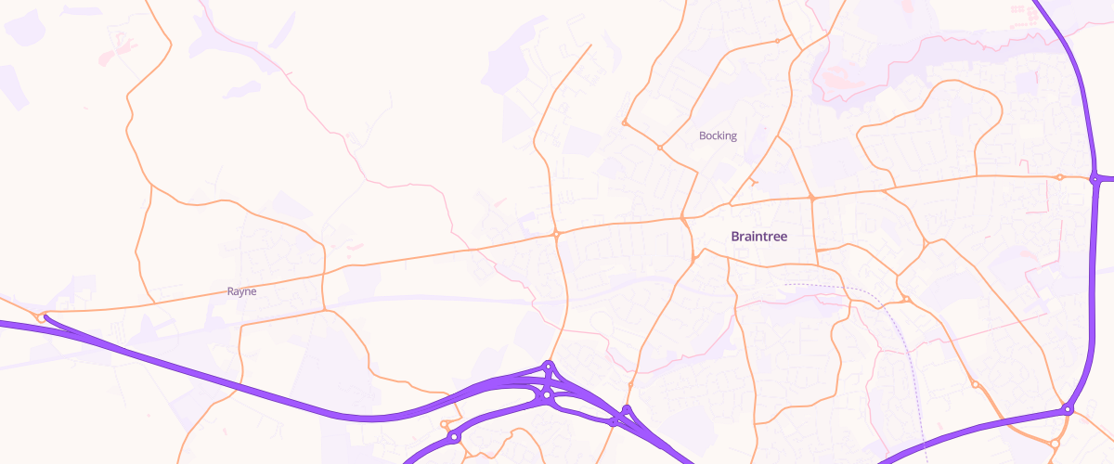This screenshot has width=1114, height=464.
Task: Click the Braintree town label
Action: coord(758,237)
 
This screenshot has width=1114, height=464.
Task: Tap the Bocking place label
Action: coord(718,135)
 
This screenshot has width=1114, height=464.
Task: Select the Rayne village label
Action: coord(241,290)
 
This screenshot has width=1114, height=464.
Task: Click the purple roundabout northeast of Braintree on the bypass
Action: coord(1095,178)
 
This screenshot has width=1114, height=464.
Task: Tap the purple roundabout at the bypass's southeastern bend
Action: coord(1068,409)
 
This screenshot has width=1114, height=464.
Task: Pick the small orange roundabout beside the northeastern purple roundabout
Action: coord(1059,176)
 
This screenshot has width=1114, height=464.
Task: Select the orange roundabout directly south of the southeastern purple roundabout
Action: coord(1055,443)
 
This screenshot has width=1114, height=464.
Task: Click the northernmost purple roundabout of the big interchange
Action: coord(549,367)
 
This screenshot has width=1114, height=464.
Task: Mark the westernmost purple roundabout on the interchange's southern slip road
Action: coord(453,436)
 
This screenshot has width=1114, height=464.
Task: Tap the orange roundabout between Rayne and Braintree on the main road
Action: coord(556,234)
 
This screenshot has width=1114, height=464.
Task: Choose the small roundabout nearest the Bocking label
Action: coord(660,148)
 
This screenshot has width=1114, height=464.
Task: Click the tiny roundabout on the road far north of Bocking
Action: coord(777,41)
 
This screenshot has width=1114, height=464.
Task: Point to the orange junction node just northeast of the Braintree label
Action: coord(811,198)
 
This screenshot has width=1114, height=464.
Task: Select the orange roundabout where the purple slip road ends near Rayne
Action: coord(42,317)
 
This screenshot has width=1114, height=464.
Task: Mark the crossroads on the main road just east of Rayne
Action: coord(323,274)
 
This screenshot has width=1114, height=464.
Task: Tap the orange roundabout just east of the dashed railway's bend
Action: coord(906,299)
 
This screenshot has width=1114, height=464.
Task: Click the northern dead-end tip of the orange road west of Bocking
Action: coord(591,44)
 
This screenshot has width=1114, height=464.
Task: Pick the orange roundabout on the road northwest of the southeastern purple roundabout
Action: coord(975,384)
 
